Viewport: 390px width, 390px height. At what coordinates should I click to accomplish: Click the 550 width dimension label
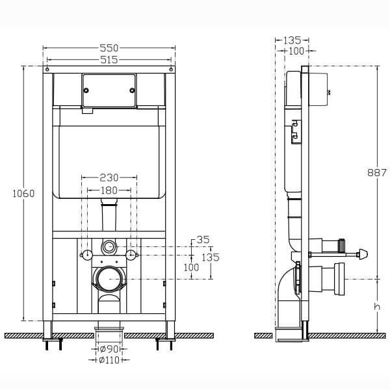click(x=109, y=48)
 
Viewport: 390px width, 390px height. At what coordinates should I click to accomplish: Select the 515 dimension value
click(x=109, y=60)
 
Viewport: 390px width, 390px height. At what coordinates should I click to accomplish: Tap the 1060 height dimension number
click(x=23, y=193)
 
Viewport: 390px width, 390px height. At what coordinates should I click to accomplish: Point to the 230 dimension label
click(x=109, y=176)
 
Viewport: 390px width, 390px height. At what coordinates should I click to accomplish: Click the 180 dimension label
click(x=109, y=190)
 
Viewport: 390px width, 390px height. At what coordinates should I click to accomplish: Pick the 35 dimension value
click(x=203, y=240)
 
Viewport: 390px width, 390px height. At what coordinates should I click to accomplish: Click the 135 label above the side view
click(x=292, y=40)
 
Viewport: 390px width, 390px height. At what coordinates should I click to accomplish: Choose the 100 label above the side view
click(x=296, y=51)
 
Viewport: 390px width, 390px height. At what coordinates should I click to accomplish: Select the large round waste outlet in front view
click(x=109, y=279)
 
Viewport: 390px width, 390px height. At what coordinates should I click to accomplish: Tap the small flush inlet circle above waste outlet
click(x=109, y=247)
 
